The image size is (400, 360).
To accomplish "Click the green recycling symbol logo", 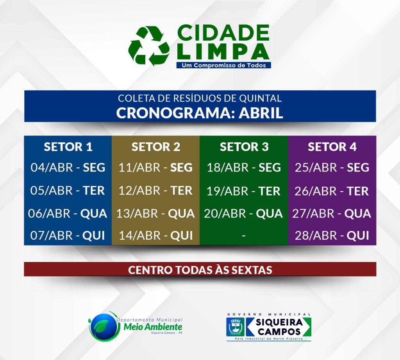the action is (x=149, y=46).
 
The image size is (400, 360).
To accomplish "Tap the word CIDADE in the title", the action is (x=223, y=32).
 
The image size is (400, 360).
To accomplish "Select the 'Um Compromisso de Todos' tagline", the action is (x=223, y=65).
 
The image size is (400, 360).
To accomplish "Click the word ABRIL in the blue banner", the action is (x=261, y=113).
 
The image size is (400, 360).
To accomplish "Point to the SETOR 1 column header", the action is (x=68, y=147).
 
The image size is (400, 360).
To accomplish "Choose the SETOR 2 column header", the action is (x=155, y=147).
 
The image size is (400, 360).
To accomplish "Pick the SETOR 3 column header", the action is (x=244, y=147).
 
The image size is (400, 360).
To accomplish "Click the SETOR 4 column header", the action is (x=332, y=147).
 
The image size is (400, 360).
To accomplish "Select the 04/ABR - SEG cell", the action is (x=68, y=168).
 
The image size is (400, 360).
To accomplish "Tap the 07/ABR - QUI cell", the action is (x=68, y=235).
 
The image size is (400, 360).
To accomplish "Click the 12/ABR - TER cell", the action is (x=155, y=191).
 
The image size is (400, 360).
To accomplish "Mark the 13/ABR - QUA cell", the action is (x=155, y=214).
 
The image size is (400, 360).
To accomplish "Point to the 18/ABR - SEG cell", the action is (x=244, y=168).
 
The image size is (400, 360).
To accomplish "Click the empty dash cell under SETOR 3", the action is (x=244, y=235).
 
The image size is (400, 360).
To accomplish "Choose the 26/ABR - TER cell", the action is (x=332, y=191).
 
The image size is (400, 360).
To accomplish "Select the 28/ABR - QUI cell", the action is (x=332, y=235).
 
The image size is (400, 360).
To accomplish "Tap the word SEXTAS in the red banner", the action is (x=252, y=270).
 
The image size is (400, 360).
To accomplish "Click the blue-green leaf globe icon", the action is (x=104, y=326).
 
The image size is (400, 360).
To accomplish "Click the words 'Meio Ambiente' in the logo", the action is (x=153, y=326).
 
